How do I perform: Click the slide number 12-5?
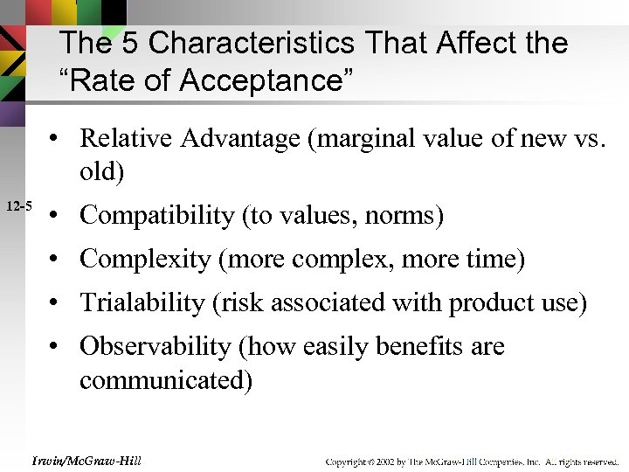click(x=18, y=206)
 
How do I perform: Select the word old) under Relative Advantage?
click(x=102, y=171)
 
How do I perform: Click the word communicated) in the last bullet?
click(x=166, y=381)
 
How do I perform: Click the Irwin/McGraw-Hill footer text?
click(x=86, y=460)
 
